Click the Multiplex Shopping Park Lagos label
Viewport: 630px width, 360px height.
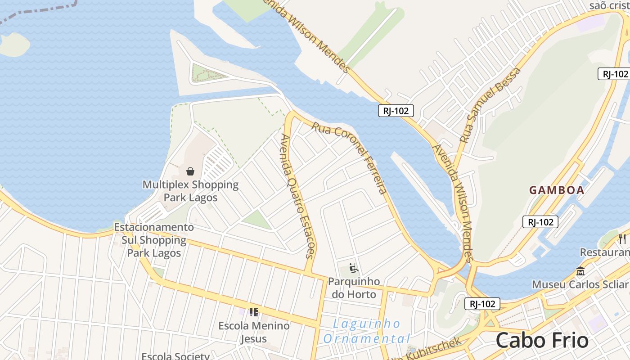[x=190, y=191]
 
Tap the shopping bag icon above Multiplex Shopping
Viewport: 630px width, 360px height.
[x=190, y=171]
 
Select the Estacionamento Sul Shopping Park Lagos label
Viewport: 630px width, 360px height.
[x=154, y=240]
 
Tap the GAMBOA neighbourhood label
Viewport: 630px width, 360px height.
[x=557, y=190]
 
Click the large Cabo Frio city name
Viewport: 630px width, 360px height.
[x=542, y=340]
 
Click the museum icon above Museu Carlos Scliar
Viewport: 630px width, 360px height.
[x=580, y=271]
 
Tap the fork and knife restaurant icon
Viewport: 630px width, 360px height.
[x=622, y=238]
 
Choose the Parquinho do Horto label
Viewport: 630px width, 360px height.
[x=354, y=288]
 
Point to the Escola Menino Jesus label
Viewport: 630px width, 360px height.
[x=254, y=332]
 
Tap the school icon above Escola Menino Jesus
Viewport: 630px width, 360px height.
[x=254, y=312]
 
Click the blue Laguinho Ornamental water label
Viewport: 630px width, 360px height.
[x=367, y=331]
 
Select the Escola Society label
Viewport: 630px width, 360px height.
[x=175, y=356]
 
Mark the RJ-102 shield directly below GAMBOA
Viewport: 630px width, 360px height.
[x=540, y=221]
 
